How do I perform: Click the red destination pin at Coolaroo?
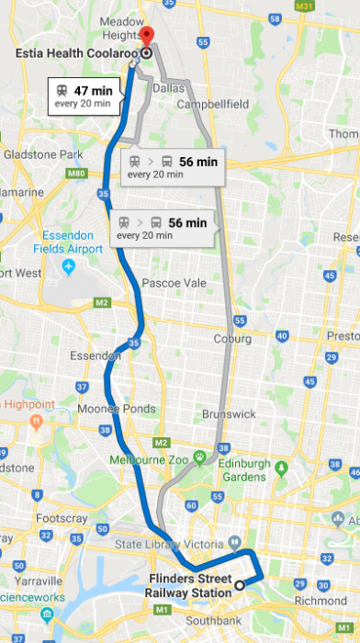coord(148,36)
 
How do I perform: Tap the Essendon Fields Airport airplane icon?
coord(68,266)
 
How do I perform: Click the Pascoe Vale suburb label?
coord(174,284)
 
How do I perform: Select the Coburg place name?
coord(232,339)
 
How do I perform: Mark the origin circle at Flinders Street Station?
coord(240,584)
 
